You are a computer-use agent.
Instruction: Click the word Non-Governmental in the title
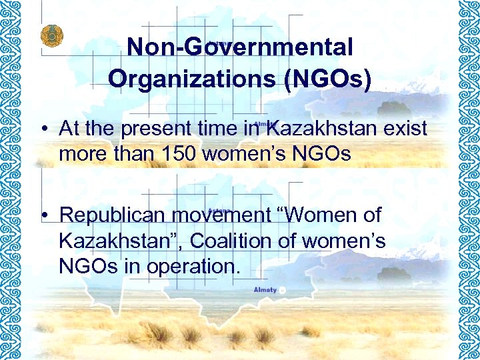pos(239,47)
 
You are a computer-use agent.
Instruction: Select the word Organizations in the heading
pos(191,78)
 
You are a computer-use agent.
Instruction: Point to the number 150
pos(180,154)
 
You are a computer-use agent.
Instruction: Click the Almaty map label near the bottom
pos(265,290)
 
